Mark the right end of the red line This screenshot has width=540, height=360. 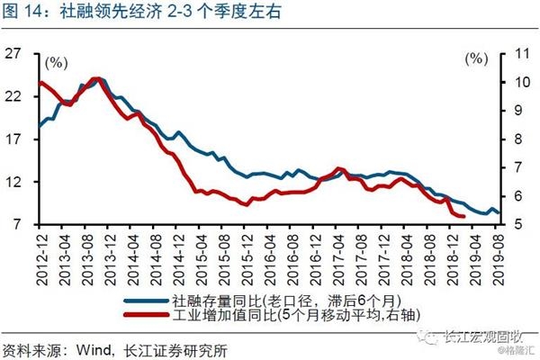(464, 217)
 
